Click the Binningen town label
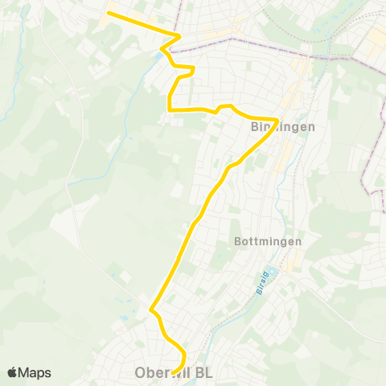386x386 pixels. (277, 127)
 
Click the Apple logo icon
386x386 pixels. (12, 372)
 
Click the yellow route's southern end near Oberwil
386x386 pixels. (173, 372)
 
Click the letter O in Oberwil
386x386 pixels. (140, 374)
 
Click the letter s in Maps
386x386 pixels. (47, 372)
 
